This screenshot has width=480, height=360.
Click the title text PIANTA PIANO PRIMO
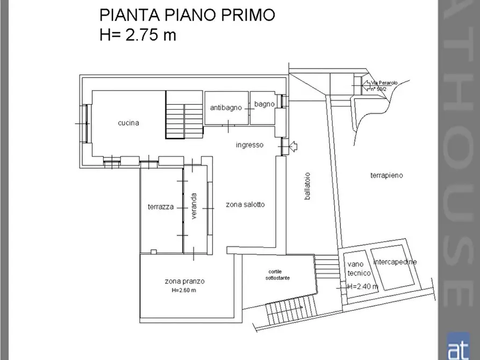187,15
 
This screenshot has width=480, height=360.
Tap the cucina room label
128,123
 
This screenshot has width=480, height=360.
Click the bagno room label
264,104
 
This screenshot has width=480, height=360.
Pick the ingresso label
249,145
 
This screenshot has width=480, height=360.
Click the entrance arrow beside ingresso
293,146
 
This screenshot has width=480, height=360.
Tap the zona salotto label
245,204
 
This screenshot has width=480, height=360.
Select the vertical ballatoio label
307,186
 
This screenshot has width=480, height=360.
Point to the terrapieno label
386,175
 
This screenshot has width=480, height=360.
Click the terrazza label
161,207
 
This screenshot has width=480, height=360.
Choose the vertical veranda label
194,206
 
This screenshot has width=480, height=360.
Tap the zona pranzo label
184,281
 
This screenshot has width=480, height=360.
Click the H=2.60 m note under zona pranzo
184,291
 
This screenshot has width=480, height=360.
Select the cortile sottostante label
277,275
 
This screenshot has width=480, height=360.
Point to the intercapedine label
395,262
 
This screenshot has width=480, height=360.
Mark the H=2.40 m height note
362,286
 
